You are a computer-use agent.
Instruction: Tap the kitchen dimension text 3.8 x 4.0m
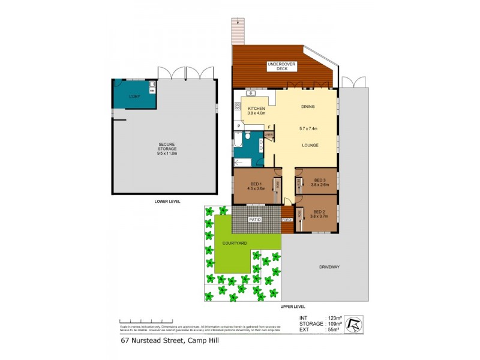(257, 113)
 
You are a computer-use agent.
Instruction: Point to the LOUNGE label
(310, 146)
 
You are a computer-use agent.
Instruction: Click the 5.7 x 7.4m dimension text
(308, 128)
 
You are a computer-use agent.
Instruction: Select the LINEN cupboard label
(269, 135)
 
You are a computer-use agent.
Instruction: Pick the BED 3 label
(319, 179)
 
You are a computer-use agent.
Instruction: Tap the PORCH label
(287, 220)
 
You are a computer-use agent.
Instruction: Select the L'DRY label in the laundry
(135, 97)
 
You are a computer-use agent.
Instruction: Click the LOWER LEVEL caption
(167, 202)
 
